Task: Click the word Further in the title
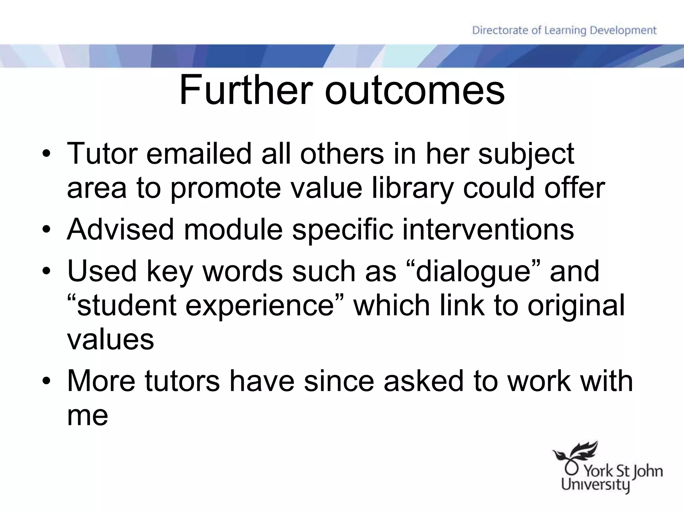point(246,90)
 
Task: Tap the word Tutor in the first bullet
point(102,154)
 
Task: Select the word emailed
point(199,154)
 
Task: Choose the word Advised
point(121,229)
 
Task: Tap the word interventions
point(488,229)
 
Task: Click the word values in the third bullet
point(111,340)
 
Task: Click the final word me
point(88,416)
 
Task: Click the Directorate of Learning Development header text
point(564,30)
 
